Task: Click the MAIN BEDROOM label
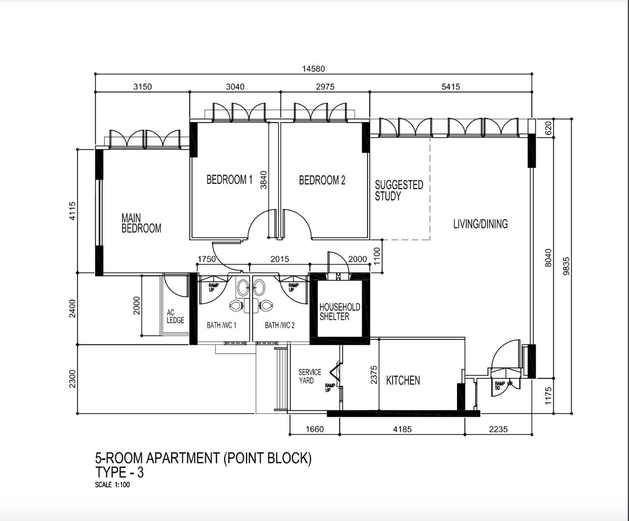(x=142, y=223)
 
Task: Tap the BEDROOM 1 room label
(x=229, y=180)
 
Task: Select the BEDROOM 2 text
(x=322, y=180)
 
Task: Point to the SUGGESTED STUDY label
(x=399, y=190)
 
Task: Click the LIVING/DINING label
(x=481, y=224)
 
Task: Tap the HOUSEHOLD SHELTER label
(x=340, y=311)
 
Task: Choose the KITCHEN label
(x=403, y=380)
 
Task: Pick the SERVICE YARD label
(x=310, y=376)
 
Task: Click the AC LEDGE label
(x=175, y=316)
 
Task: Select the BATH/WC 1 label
(x=222, y=325)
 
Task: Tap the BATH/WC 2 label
(x=280, y=325)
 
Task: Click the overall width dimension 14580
(x=314, y=69)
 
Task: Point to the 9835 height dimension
(x=566, y=266)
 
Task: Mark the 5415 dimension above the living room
(x=451, y=87)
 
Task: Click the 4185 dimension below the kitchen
(x=402, y=429)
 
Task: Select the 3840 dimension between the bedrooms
(x=263, y=180)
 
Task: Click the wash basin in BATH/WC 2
(x=259, y=287)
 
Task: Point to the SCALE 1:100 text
(x=113, y=485)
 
